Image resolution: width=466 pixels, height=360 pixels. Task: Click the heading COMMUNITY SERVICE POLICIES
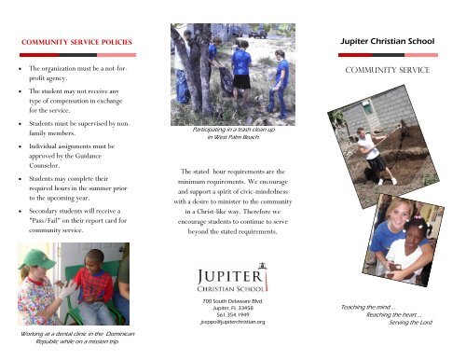[75, 43]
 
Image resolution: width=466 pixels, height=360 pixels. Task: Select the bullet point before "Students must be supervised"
[19, 122]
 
